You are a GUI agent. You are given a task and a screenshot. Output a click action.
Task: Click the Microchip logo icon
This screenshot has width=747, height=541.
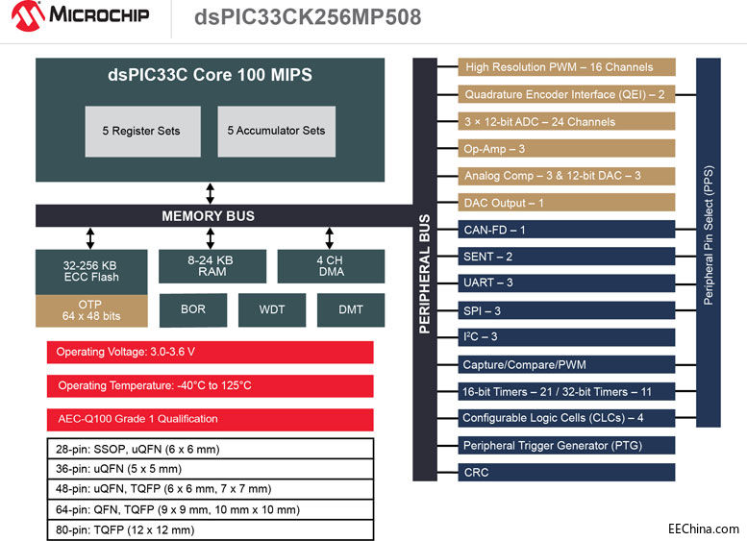coord(25,16)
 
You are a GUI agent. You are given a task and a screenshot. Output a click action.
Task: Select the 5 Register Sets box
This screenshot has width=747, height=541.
coord(141,131)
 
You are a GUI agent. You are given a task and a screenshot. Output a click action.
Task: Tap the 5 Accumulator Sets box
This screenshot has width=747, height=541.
coord(276,131)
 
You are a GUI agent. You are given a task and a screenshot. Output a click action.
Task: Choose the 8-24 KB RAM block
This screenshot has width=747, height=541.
coord(211,266)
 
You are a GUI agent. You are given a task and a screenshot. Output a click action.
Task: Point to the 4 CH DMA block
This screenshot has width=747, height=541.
coord(331,266)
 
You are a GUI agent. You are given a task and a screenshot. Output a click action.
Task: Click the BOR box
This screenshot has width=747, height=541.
coord(192,309)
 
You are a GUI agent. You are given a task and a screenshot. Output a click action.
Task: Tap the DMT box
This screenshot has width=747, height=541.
coord(350,309)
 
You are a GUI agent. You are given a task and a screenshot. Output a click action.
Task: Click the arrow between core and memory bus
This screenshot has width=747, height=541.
coord(210,193)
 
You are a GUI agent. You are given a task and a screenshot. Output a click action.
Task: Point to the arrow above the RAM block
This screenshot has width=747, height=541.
coord(210,238)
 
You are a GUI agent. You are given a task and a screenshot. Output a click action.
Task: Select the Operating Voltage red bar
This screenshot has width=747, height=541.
coord(210,352)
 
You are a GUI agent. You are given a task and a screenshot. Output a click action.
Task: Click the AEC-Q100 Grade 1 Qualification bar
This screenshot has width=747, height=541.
coord(210,419)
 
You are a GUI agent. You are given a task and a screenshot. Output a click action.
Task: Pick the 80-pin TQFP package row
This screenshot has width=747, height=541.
coord(210,529)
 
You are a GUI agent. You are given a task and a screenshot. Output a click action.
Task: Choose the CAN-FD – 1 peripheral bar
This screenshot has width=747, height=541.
coord(567,231)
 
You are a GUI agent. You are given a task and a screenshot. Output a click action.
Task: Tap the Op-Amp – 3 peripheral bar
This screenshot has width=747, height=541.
coord(567,149)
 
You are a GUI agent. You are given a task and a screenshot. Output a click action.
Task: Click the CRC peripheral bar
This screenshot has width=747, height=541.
coord(567,473)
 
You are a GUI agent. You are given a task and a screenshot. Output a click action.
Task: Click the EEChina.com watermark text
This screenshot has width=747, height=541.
coord(704,529)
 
